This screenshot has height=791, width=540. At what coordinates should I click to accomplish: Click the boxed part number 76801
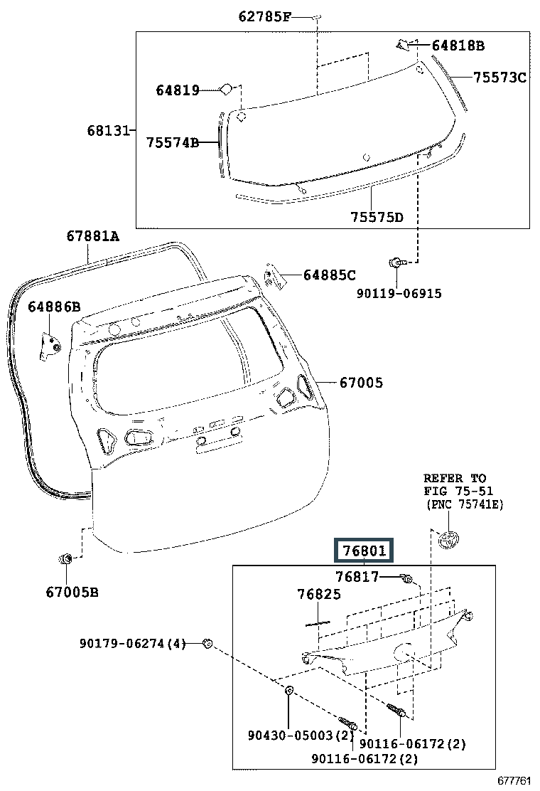(x=364, y=551)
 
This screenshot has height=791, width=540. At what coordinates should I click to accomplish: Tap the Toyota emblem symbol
(x=448, y=539)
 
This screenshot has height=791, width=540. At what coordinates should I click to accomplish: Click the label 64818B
(x=458, y=46)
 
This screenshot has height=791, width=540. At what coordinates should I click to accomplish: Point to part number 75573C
(x=499, y=78)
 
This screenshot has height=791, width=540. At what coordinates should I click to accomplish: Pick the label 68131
(x=109, y=131)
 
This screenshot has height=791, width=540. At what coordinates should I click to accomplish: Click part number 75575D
(x=376, y=217)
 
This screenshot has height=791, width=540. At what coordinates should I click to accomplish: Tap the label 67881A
(x=93, y=235)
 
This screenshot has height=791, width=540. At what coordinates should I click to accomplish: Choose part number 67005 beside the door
(x=360, y=383)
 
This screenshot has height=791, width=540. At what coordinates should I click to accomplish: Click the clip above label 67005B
(x=66, y=559)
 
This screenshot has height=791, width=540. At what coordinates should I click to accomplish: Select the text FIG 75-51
(x=458, y=491)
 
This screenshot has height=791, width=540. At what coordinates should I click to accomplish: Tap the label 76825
(x=319, y=594)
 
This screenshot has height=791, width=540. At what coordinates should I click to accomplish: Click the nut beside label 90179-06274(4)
(x=207, y=644)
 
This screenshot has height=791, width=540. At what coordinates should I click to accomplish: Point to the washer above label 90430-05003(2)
(x=290, y=691)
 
